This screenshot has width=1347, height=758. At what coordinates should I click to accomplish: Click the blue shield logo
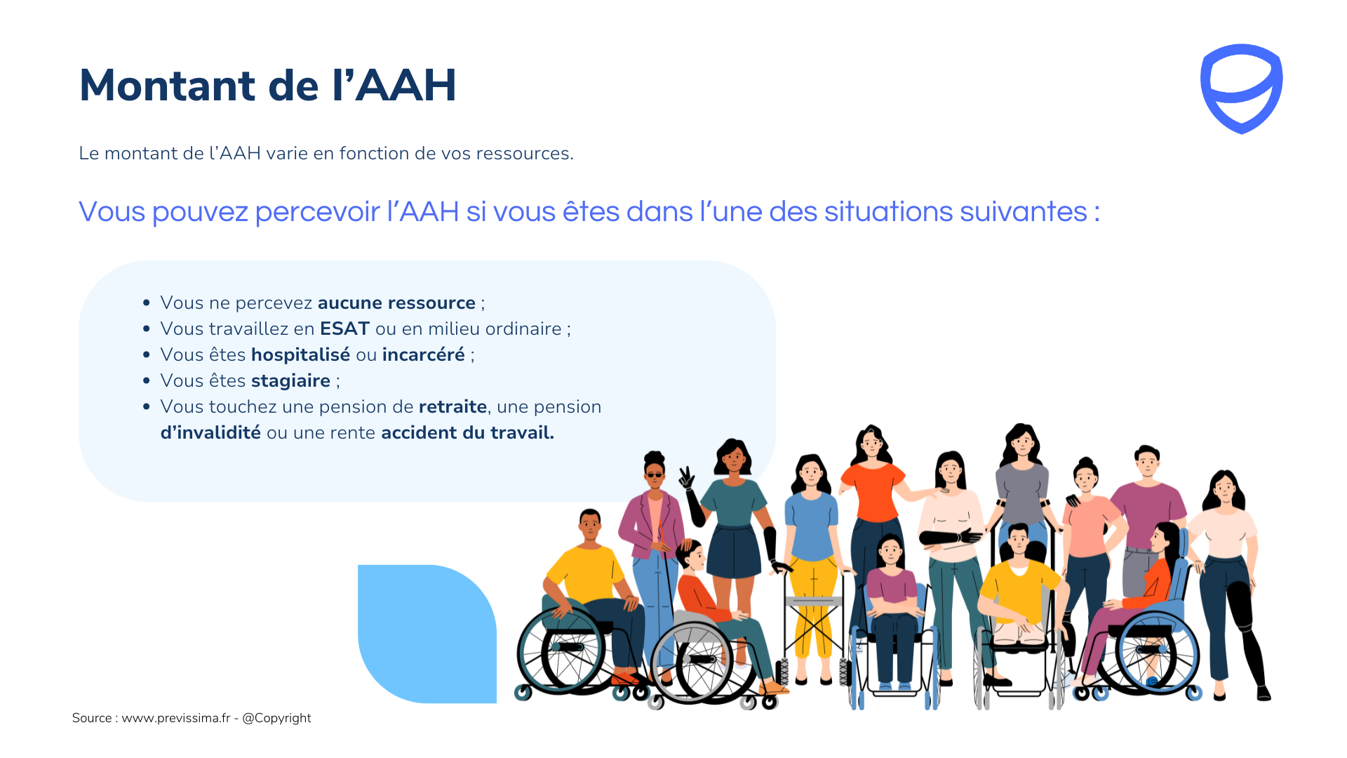point(1241,88)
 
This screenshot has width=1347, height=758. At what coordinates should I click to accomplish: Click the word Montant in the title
point(168,86)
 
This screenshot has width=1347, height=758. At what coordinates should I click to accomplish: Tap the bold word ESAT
point(344,328)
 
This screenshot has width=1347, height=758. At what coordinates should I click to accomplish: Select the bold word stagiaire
point(290,381)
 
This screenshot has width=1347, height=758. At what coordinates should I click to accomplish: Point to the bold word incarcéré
point(423,354)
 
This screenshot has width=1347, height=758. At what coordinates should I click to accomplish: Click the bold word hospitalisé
point(300,355)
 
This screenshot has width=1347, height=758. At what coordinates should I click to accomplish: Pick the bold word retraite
point(453,406)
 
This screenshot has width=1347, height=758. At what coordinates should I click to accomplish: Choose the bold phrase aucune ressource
point(396,302)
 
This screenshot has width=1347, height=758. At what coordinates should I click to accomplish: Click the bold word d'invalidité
point(210,432)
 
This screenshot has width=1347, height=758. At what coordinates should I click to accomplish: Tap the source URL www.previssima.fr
point(176,718)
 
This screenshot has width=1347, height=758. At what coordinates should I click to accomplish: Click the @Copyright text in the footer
point(276,718)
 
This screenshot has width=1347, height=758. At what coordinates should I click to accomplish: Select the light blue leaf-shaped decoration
point(427,634)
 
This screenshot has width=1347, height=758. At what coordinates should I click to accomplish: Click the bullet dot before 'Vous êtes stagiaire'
point(146,381)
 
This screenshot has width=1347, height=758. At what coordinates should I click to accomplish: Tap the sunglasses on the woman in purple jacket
point(654,475)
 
